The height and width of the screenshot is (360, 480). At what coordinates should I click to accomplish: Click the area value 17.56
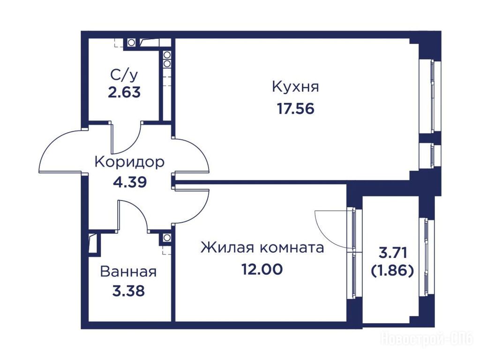296,109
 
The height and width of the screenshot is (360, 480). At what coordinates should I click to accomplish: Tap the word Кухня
295,87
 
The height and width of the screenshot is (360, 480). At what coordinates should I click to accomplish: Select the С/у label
124,75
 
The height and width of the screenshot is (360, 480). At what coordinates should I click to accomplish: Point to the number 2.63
124,92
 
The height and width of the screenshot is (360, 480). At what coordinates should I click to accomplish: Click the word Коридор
129,162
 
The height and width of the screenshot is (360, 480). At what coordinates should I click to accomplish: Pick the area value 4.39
130,182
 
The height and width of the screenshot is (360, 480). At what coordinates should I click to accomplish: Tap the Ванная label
128,271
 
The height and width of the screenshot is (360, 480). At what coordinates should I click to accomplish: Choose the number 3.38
128,291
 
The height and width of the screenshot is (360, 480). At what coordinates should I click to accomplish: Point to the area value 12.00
262,270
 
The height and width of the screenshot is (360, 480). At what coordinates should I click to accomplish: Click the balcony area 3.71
393,253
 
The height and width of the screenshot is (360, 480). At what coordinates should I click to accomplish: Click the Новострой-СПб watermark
427,339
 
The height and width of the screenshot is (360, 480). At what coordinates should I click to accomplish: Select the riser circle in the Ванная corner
167,238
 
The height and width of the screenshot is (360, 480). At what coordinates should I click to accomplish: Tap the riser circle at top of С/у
131,43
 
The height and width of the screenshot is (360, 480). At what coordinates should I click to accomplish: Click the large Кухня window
433,97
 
